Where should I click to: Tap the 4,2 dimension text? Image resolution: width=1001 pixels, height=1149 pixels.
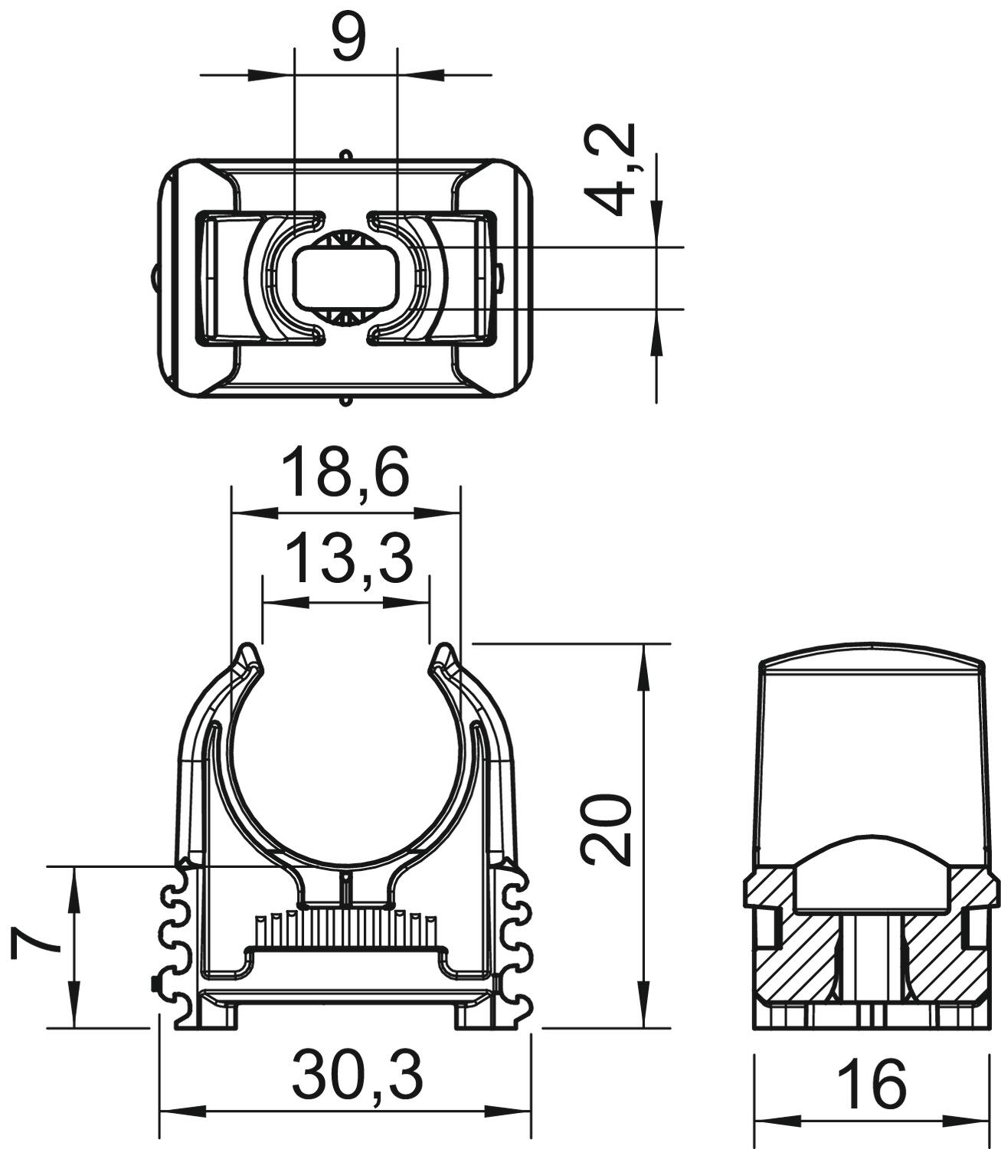tap(609, 169)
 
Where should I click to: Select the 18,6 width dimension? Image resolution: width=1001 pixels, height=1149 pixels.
tap(345, 473)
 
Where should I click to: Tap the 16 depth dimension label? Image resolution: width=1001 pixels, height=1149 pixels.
tap(872, 1082)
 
